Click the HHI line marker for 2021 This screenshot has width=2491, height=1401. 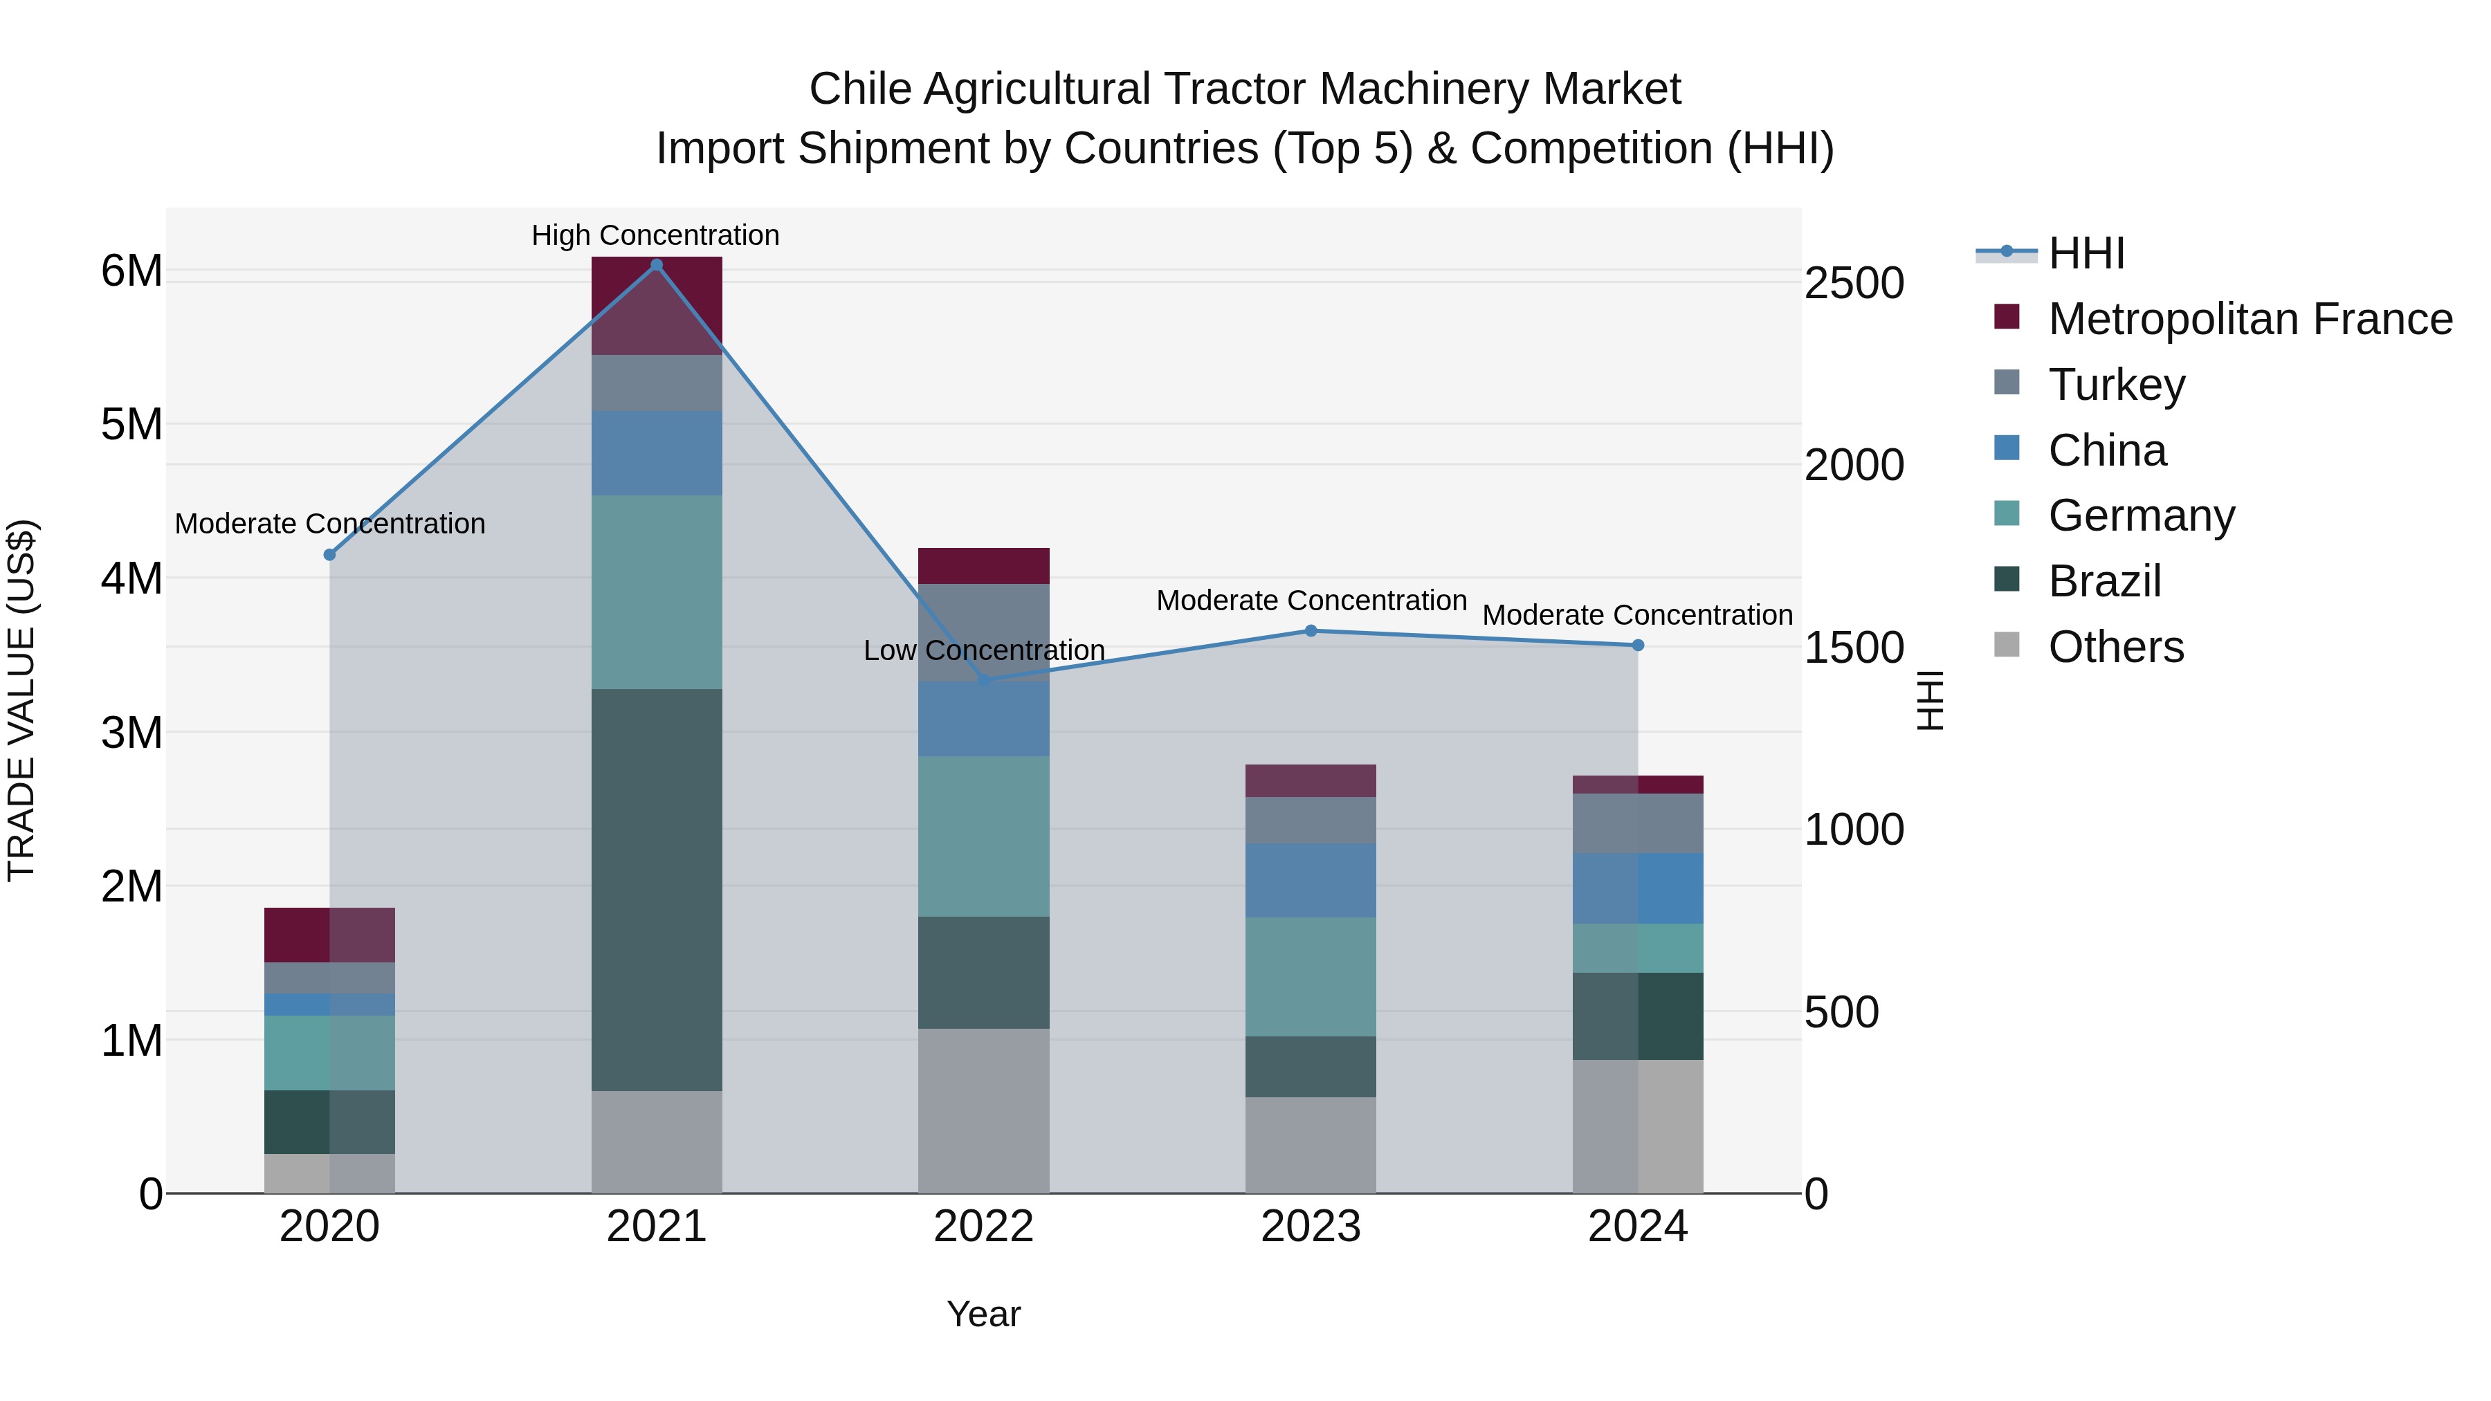tap(657, 265)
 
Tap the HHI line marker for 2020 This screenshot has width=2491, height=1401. tap(330, 555)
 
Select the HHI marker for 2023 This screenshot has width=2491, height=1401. tap(1311, 632)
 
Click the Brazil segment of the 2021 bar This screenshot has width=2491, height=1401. tap(657, 890)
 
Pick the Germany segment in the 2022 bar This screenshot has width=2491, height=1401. tap(983, 836)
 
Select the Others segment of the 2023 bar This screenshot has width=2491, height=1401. tap(1311, 1145)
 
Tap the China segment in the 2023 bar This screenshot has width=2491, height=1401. tap(1311, 880)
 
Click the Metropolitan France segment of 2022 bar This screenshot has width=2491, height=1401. tap(983, 566)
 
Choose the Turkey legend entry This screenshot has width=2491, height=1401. tap(2116, 385)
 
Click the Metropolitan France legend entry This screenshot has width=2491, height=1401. tap(2250, 319)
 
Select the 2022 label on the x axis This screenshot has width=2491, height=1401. tap(983, 1227)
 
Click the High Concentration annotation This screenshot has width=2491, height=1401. tap(656, 235)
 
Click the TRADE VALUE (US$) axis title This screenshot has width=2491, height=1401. tap(21, 700)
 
